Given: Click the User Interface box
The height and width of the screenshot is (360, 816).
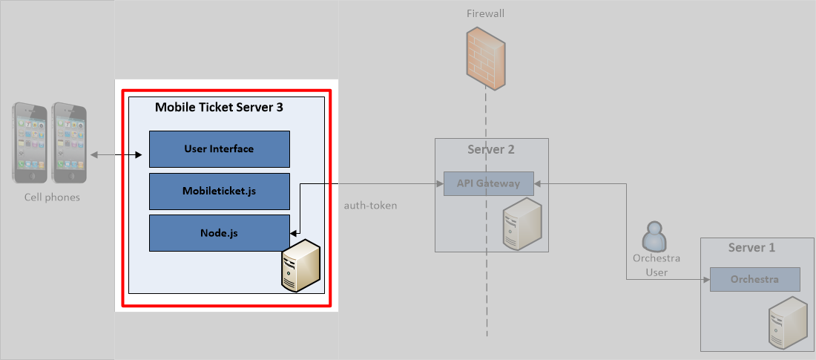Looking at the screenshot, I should coord(219,149).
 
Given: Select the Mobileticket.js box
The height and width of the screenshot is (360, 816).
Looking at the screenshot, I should coord(219,192).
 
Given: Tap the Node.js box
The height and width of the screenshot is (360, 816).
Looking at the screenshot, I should coord(219,233).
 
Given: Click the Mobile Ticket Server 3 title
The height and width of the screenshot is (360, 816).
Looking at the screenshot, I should coord(219,107).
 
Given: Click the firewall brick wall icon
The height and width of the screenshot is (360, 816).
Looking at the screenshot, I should coord(487,54).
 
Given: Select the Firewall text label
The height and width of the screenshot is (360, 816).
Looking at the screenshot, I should coord(486,13).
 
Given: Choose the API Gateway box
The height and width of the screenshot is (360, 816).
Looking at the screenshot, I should coord(488,184).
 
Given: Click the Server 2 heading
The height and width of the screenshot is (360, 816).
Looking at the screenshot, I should coord(491,149).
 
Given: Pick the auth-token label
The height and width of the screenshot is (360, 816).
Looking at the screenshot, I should coord(370,206).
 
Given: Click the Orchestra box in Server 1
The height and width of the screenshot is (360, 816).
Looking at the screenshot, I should coord(754,280).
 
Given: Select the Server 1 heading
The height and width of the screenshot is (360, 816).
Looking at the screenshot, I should coord(751,247).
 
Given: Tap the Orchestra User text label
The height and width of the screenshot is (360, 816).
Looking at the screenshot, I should coord(656,265).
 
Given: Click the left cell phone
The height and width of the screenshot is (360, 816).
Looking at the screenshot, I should coord(30,143).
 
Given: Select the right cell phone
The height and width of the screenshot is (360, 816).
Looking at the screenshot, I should coord(69,143).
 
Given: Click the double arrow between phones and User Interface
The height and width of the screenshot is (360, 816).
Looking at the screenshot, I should coord(117,155).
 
